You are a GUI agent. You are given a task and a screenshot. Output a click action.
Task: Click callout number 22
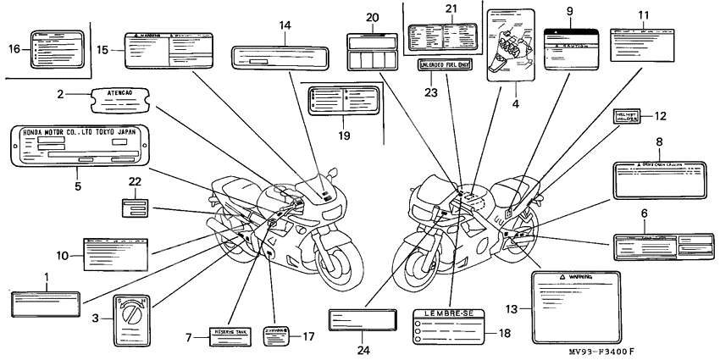coord(134,181)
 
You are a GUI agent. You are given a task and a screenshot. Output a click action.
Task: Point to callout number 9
coord(570,10)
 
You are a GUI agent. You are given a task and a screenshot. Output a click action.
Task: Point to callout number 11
coord(644,14)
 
